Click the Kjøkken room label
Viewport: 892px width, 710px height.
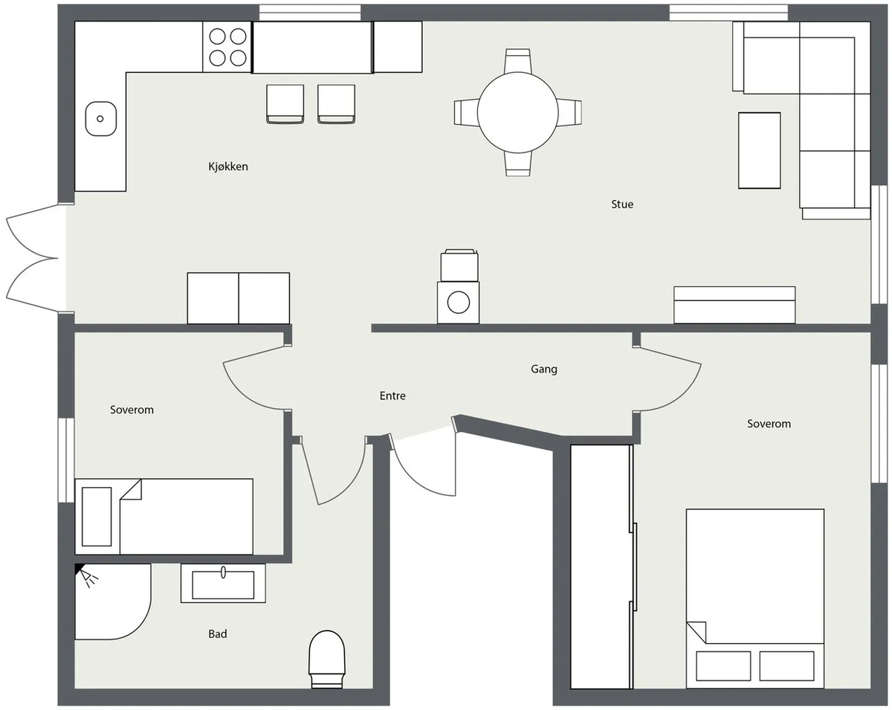[x=228, y=167]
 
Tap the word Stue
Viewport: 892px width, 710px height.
[x=622, y=204]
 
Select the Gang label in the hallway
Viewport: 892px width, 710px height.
[x=544, y=369]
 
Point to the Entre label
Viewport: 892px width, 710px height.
[x=392, y=396]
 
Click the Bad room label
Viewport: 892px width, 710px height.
[x=218, y=633]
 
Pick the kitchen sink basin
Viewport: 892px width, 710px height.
[x=101, y=119]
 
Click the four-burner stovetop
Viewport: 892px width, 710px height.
[x=227, y=47]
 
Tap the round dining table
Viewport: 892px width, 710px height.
[x=517, y=112]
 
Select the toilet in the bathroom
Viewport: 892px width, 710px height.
[x=327, y=659]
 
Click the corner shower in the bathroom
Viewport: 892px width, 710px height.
[x=112, y=601]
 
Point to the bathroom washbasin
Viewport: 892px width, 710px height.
[x=223, y=584]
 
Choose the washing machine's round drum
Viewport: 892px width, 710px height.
[x=459, y=303]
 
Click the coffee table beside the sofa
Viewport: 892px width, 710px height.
[x=760, y=150]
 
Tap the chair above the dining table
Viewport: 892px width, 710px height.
[x=517, y=61]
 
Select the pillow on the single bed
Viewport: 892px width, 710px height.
[x=97, y=517]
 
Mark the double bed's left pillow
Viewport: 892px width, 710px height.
[x=723, y=666]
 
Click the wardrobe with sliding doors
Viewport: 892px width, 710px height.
[x=602, y=567]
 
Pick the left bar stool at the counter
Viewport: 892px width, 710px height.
[x=285, y=104]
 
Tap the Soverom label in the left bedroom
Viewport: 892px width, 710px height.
[x=132, y=410]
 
